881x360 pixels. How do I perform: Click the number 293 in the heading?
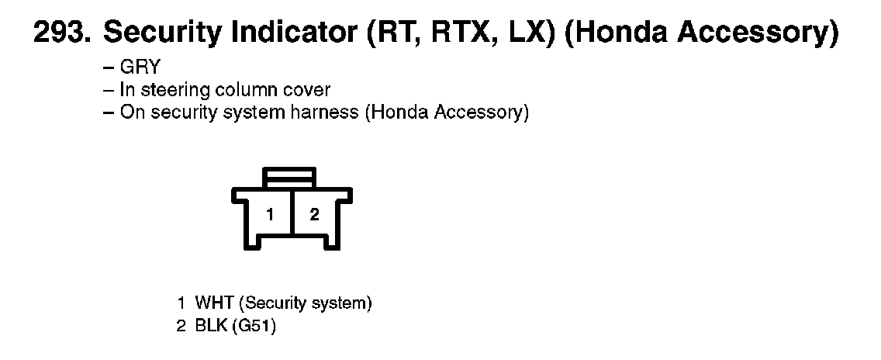pyautogui.click(x=59, y=34)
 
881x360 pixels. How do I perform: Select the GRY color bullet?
pyautogui.click(x=140, y=67)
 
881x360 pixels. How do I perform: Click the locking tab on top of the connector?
pyautogui.click(x=289, y=177)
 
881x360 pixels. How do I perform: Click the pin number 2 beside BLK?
pyautogui.click(x=181, y=327)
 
